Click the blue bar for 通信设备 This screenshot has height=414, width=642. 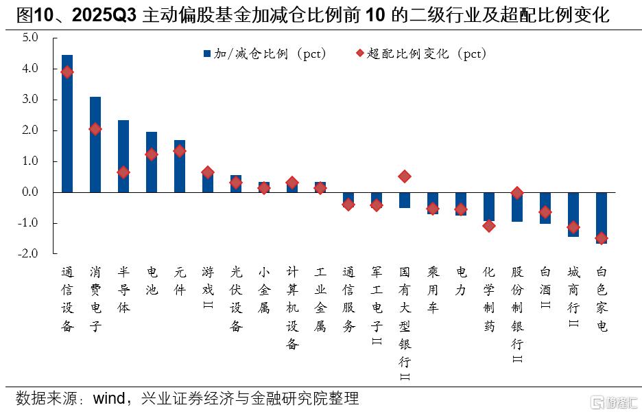click(x=67, y=124)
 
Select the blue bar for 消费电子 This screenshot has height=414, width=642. click(x=95, y=144)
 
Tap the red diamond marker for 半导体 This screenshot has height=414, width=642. click(x=123, y=172)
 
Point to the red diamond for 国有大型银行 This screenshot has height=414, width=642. click(x=405, y=176)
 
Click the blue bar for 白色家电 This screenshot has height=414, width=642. click(x=602, y=218)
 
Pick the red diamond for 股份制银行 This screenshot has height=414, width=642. click(x=517, y=194)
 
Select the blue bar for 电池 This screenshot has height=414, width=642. click(x=152, y=162)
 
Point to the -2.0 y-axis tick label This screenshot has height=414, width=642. click(x=28, y=253)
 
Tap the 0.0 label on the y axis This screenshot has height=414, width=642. click(x=29, y=192)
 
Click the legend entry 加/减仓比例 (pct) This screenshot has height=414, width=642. click(x=264, y=54)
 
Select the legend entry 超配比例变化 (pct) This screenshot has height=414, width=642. click(x=420, y=54)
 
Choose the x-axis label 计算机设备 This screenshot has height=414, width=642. click(x=292, y=308)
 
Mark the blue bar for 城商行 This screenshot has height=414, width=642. click(x=573, y=214)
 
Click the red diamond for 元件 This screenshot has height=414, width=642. click(x=180, y=151)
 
